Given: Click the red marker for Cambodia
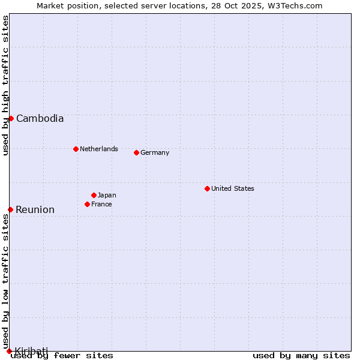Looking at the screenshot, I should coord(11,118).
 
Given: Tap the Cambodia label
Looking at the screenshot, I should coord(40,119).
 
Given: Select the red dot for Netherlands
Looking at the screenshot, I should coord(76,149).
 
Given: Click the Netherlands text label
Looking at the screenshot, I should coord(99,149).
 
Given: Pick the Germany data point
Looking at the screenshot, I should coord(136,152).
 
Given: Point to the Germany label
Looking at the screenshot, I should coord(155,153).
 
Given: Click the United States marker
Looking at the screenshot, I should coord(207,188).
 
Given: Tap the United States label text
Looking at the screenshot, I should coord(233,188).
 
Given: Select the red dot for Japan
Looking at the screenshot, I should coord(94,195).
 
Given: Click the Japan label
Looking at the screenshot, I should coord(107,195).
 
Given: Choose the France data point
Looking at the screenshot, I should coord(87,204).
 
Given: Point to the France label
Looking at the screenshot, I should coord(101,205).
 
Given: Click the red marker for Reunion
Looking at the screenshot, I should coord(10,209).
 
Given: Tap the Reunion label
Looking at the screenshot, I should coord(35,210).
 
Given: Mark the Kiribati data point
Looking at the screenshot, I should coord(9,351).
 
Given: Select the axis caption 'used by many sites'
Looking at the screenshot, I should coord(301,356).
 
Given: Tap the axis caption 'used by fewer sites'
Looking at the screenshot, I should coord(62,356).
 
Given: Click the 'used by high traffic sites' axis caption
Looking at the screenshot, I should coord(5,85).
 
